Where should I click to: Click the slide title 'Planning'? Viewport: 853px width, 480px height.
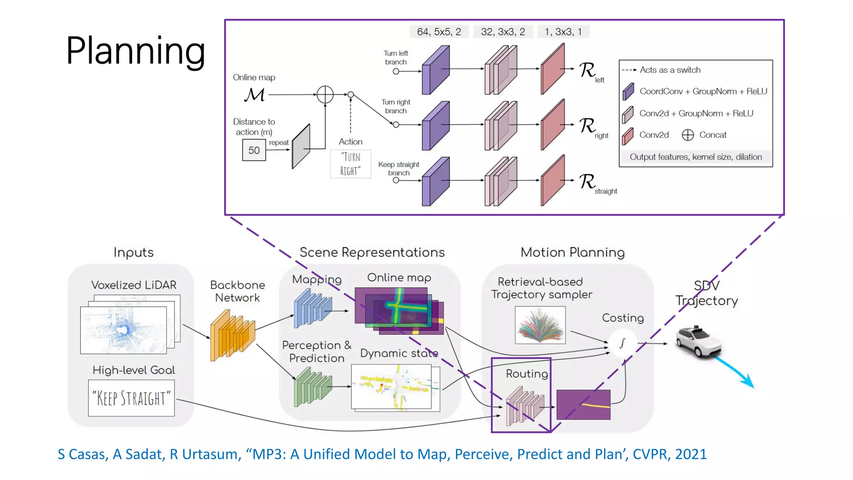tap(135, 51)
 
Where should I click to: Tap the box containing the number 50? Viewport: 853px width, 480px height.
tap(254, 150)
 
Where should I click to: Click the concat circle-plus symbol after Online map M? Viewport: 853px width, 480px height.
tap(325, 95)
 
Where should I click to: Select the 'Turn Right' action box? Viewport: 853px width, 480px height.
tap(350, 164)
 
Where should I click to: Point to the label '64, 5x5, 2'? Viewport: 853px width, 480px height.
tap(439, 32)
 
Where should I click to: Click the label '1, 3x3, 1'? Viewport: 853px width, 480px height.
tap(563, 32)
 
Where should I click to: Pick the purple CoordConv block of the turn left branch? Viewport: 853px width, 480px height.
tap(435, 70)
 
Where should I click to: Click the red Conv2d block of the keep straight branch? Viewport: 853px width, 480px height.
tap(553, 181)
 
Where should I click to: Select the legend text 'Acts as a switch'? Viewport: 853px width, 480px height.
tap(670, 70)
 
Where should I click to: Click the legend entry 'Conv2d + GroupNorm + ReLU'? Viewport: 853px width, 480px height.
tap(696, 113)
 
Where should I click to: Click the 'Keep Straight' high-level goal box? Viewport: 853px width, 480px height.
tap(131, 398)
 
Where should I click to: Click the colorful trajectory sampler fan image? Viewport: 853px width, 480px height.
tap(540, 325)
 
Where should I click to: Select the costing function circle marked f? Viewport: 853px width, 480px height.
tap(622, 343)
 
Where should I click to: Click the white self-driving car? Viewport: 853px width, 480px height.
tap(698, 342)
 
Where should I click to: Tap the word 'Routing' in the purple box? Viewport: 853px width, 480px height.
tap(526, 374)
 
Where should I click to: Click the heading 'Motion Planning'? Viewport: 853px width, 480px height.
tap(572, 252)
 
